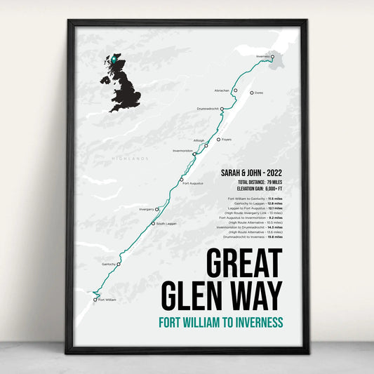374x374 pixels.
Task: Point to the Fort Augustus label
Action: [192, 183]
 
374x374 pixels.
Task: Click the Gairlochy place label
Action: [108, 265]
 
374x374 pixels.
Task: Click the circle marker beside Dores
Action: [251, 93]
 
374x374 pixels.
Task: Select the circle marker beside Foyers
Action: [218, 140]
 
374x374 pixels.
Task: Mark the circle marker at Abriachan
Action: [236, 91]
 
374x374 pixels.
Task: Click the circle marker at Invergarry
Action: [157, 209]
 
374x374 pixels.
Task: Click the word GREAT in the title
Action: [243, 264]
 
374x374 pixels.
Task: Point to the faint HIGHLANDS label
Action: [131, 159]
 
